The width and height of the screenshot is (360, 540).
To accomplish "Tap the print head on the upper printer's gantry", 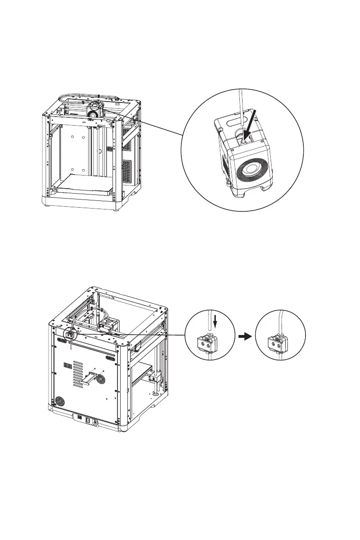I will pyautogui.click(x=94, y=111).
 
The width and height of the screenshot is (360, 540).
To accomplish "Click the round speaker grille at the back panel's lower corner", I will pyautogui.click(x=59, y=402).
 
